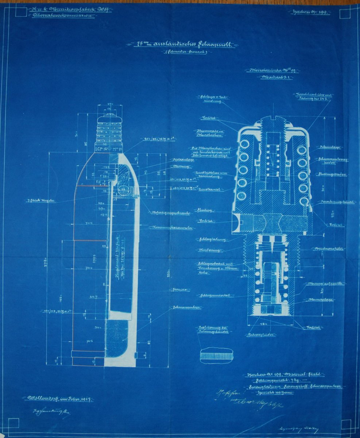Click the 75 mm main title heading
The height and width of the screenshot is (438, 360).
(181, 45)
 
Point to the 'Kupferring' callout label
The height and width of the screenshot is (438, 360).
(209, 250)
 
